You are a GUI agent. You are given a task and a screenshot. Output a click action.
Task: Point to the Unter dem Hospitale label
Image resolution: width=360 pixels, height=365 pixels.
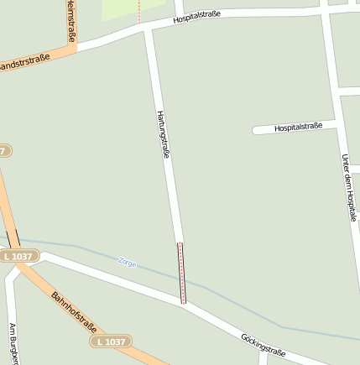coord(348,185)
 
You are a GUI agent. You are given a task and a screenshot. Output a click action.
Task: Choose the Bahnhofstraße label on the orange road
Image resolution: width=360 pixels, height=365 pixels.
coord(73,312)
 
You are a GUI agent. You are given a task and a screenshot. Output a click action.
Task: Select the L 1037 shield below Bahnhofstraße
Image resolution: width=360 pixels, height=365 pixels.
coord(110,342)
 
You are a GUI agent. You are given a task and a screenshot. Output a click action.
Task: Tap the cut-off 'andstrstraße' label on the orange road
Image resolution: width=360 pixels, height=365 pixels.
coord(25,60)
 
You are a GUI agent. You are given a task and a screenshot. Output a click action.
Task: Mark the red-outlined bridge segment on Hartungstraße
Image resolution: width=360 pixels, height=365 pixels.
coord(181,273)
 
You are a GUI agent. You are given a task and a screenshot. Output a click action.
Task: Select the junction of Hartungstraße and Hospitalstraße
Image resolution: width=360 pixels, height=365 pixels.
coord(149,29)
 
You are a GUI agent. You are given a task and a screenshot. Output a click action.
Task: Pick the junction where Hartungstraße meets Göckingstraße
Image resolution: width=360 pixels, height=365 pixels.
coord(184,303)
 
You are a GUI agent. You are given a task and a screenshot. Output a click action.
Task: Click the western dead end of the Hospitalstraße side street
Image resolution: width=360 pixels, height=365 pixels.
coord(255,130)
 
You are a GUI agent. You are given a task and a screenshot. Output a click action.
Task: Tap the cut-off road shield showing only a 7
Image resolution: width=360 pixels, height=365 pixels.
coord(4,151)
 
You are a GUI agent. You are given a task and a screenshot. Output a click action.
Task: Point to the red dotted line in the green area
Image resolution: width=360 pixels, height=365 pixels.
coord(139,9)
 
